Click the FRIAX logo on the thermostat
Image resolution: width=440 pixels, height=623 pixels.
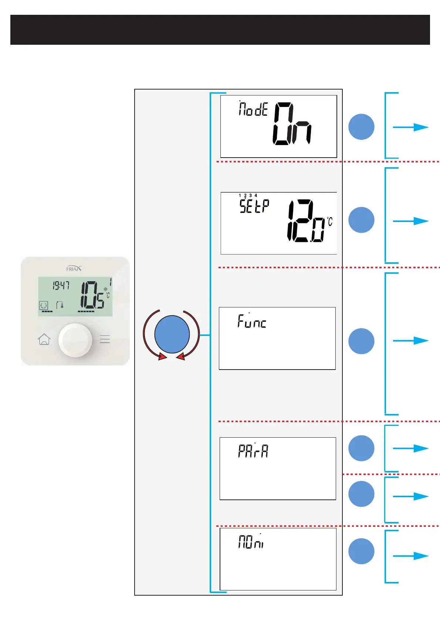[x=74, y=269]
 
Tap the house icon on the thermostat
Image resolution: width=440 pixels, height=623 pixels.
[x=44, y=339]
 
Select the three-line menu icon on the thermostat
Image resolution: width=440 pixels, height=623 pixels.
[x=105, y=339]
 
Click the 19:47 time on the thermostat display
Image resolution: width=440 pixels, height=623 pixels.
[x=61, y=286]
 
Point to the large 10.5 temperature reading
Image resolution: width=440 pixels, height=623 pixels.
[x=92, y=295]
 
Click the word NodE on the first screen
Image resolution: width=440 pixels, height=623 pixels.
[x=253, y=109]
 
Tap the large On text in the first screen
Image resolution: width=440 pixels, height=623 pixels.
[x=292, y=124]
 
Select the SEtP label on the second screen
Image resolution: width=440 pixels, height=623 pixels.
[x=254, y=206]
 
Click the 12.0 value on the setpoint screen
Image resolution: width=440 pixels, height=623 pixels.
[x=307, y=221]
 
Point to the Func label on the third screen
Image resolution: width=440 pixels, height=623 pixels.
[x=252, y=321]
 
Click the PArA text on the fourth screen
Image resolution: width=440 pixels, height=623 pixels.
[x=253, y=451]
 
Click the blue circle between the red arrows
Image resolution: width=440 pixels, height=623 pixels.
[x=172, y=334]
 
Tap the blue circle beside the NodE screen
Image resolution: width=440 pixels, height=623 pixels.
[x=361, y=127]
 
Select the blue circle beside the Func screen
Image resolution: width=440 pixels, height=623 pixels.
[x=361, y=341]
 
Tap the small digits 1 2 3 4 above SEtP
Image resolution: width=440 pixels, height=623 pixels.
[x=248, y=195]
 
